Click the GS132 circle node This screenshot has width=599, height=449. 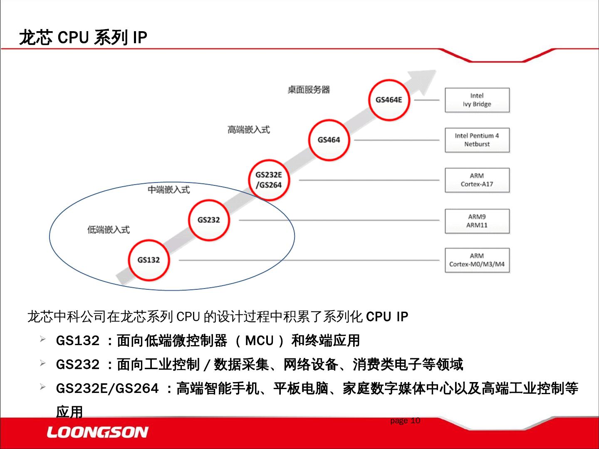pos(149,260)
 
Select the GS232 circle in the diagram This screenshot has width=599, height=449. pos(208,220)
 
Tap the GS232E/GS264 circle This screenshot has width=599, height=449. pos(269,180)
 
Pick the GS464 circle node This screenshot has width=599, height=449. pos(329,140)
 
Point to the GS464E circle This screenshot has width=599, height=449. pos(389,100)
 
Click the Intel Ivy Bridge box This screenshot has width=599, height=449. pos(477,100)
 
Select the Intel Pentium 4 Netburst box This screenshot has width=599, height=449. pos(477,140)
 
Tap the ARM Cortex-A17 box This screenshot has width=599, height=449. pos(477,180)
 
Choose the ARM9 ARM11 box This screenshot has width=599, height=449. pos(477,221)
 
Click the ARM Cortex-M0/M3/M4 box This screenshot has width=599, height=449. pos(477,260)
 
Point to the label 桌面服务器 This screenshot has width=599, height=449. pos(309,90)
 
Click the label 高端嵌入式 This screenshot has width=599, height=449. pos(248,130)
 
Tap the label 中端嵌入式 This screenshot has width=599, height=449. pos(168,190)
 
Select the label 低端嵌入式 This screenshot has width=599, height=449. pos(108,229)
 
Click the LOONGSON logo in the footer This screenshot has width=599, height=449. pos(97,432)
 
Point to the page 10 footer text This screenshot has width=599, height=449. pos(405,421)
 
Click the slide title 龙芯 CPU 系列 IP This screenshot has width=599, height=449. pos(83,37)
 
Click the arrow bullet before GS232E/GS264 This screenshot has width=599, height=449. pos(43,387)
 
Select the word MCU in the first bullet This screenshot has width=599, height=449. pos(259,341)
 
